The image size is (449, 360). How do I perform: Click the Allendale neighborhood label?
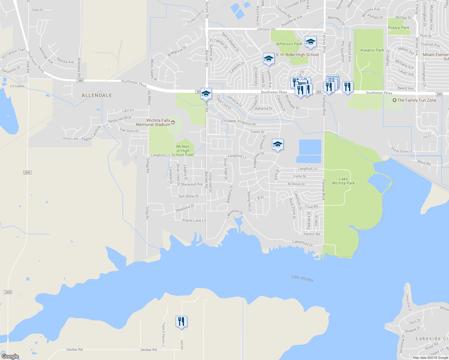point(97,95)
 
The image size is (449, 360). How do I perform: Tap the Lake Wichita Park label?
point(343,181)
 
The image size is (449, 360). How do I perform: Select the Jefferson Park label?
point(289,44)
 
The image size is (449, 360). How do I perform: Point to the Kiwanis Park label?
point(372,50)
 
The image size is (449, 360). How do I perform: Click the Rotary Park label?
point(399,28)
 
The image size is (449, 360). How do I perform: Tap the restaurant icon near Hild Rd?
point(181,322)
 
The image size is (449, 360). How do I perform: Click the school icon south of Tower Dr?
point(278,145)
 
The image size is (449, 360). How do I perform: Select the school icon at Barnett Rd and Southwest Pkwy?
point(206,94)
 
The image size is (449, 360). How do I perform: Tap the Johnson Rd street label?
point(266,29)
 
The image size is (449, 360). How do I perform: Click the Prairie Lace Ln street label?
point(194,220)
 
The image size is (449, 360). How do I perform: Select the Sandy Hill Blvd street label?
point(119,119)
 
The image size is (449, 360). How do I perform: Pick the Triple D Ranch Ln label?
point(164,334)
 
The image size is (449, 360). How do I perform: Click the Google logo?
point(10,356)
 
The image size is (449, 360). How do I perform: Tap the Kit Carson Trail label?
point(14,53)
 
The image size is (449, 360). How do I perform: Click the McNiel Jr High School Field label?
point(182,151)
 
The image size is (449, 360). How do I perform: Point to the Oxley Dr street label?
point(38,10)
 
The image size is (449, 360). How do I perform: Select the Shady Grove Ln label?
point(402,150)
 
